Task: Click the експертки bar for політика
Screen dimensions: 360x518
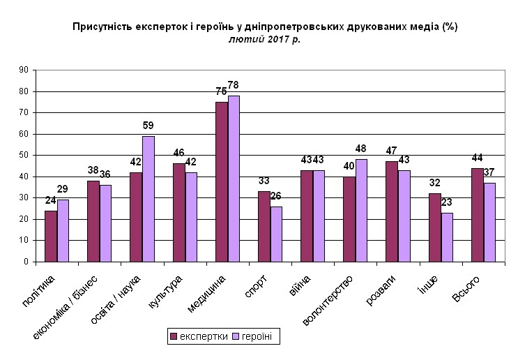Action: (51, 236)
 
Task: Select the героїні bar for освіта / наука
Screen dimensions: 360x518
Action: (148, 199)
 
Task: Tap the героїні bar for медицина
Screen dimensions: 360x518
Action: (234, 179)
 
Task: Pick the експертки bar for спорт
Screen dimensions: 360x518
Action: (264, 226)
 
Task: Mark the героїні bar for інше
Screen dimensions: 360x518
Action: (447, 237)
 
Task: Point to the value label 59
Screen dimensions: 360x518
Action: (148, 126)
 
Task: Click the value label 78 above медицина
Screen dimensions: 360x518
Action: (234, 85)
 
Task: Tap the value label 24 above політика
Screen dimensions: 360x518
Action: (50, 200)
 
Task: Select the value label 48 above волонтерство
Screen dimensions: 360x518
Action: (362, 149)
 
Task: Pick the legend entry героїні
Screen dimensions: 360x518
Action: (257, 337)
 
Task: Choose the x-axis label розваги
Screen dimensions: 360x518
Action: (383, 291)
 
